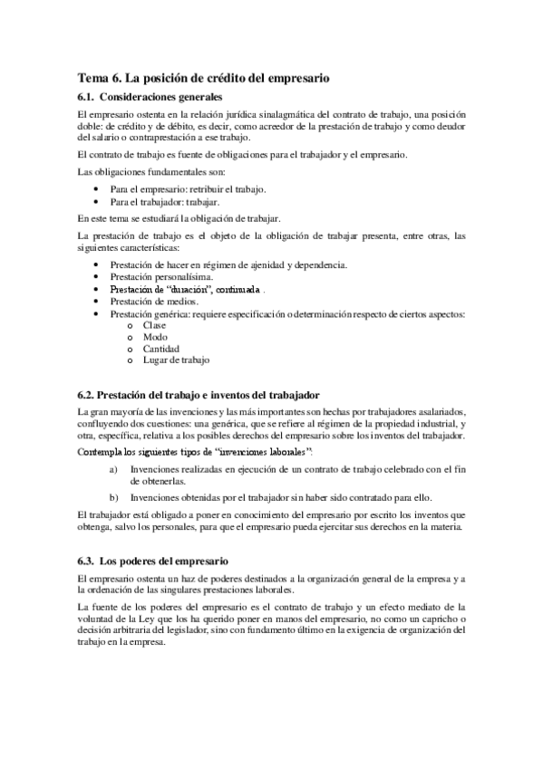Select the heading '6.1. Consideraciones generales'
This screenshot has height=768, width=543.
(x=150, y=96)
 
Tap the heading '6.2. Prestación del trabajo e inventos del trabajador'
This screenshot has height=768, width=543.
(x=199, y=395)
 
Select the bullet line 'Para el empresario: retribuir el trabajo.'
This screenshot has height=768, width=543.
(x=189, y=188)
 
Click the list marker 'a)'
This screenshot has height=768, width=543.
(x=112, y=469)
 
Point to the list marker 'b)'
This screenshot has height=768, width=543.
(x=112, y=497)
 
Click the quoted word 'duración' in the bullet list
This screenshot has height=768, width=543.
(x=187, y=288)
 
